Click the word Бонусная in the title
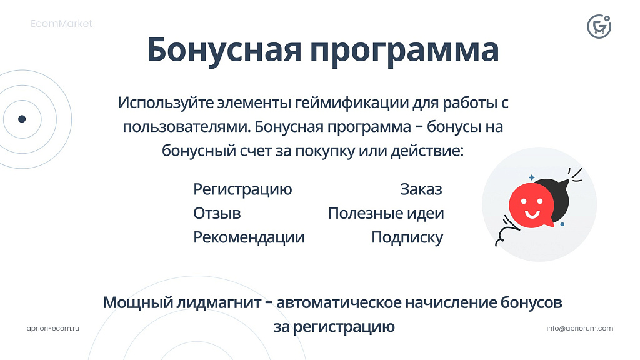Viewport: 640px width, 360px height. coord(224,49)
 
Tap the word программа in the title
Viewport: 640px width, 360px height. coord(404,52)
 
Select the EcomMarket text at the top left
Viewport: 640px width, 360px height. coord(62,24)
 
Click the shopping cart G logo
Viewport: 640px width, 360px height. coord(599,26)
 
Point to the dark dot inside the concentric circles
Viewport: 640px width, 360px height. coord(22,119)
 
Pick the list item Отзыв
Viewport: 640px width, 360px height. coord(217,214)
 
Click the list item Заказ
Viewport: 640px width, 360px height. coord(421,189)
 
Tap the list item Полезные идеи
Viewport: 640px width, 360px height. coord(386,214)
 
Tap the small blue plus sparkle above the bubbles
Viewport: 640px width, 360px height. coord(531,177)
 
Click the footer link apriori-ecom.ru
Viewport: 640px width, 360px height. coord(53,328)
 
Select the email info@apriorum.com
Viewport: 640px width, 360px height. coord(579,328)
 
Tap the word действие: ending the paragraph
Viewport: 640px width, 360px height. coord(427,151)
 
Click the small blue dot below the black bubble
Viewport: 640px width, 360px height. coord(562,224)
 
